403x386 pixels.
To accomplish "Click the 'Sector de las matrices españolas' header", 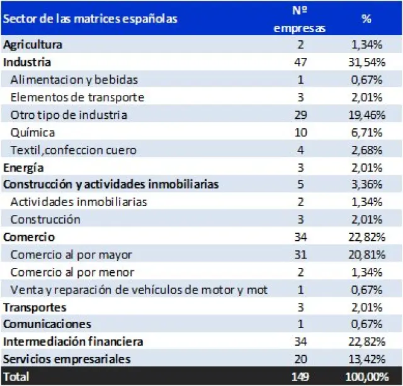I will click(90, 19).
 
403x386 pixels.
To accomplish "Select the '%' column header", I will click(366, 19).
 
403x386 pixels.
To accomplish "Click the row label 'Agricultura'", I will click(33, 45).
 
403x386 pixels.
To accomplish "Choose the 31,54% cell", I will click(366, 62).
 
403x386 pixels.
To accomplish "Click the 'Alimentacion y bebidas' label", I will click(74, 80).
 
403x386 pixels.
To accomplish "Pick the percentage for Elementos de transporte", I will click(366, 97).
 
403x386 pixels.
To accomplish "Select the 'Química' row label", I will click(32, 133).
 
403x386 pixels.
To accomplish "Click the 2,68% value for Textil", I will click(366, 150).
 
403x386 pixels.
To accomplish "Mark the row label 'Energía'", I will click(24, 167).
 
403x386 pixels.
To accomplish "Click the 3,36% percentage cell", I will click(366, 185).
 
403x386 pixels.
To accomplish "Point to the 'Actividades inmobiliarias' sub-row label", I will click(79, 202).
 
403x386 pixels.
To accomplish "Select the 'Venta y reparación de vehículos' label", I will click(139, 290).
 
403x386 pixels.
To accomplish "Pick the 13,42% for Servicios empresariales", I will click(366, 359).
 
